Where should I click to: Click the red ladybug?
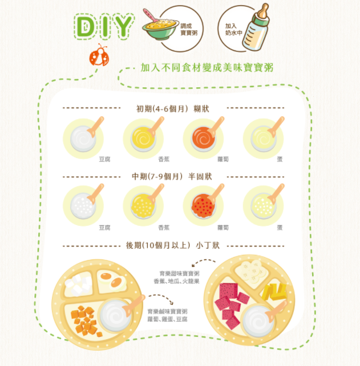pyautogui.click(x=99, y=55)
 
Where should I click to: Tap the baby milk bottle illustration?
pyautogui.click(x=256, y=27)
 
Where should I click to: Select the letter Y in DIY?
pyautogui.click(x=124, y=26)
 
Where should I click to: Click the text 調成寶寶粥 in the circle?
pyautogui.click(x=189, y=30)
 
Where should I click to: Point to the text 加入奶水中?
pyautogui.click(x=233, y=30)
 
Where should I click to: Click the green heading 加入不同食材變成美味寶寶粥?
pyautogui.click(x=207, y=68)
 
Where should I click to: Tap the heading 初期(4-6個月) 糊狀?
pyautogui.click(x=173, y=109)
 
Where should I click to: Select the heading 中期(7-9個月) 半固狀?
pyautogui.click(x=172, y=177)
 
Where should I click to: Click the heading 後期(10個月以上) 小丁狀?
pyautogui.click(x=173, y=246)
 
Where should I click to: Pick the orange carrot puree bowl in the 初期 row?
pyautogui.click(x=204, y=139)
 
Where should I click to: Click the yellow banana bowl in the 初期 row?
pyautogui.click(x=143, y=139)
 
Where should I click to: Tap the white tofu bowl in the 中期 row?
pyautogui.click(x=83, y=206)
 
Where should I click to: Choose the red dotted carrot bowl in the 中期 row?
pyautogui.click(x=203, y=206)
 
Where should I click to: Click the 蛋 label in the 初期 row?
pyautogui.click(x=280, y=159)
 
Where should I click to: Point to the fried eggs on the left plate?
pyautogui.click(x=112, y=280)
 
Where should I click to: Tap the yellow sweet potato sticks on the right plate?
pyautogui.click(x=274, y=292)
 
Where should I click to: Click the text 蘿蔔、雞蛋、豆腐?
pyautogui.click(x=167, y=319)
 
